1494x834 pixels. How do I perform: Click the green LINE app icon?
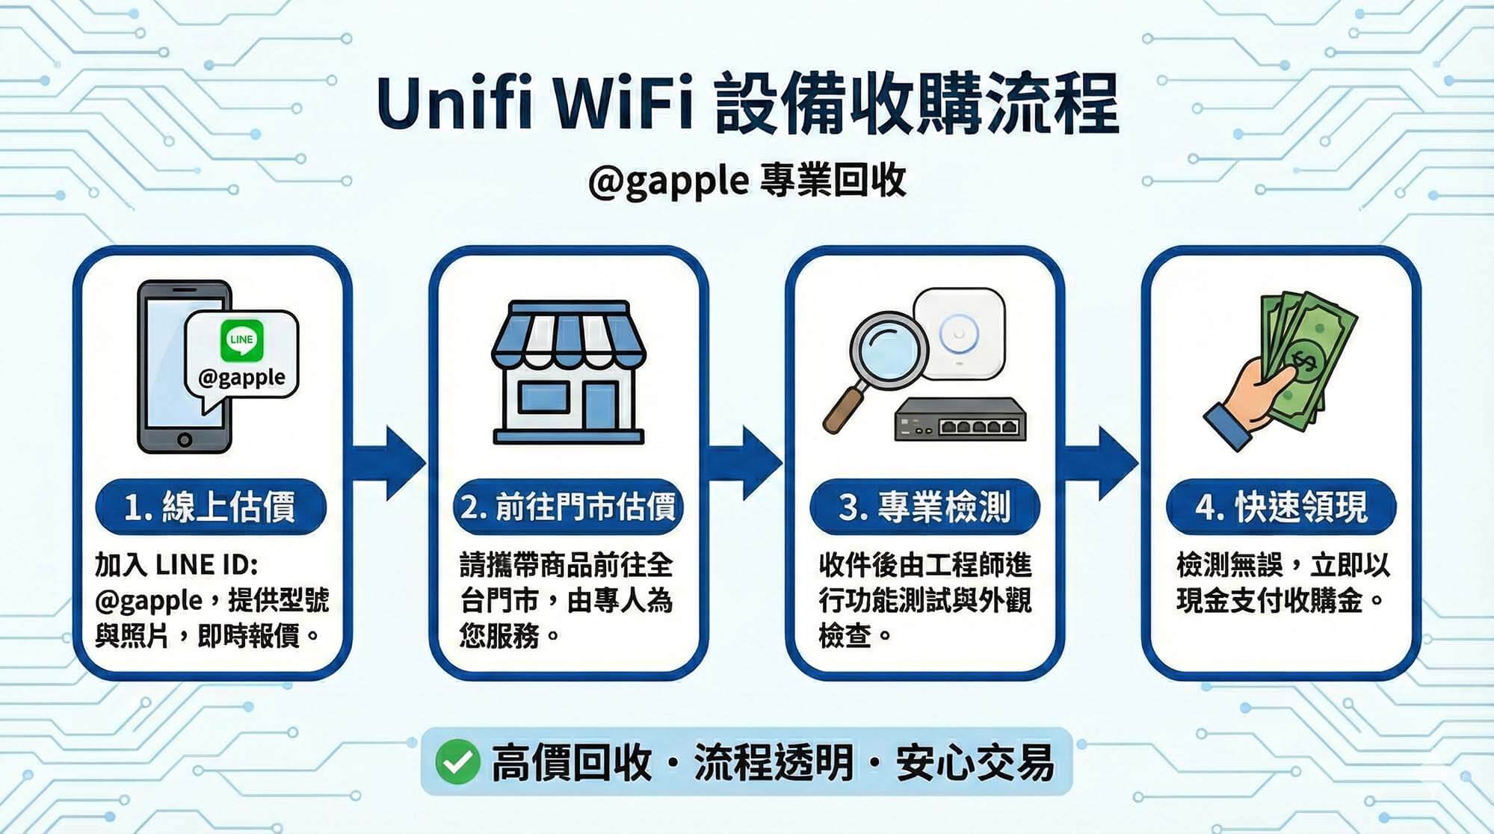coord(241,340)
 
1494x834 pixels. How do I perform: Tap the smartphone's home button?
coord(185,439)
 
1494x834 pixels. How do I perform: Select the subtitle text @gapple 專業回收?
coord(747,181)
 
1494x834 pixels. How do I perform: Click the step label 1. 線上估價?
coord(210,507)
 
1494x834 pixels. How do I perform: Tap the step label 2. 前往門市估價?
coord(567,507)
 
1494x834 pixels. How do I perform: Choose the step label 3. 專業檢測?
coord(925,507)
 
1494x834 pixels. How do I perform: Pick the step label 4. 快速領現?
coord(1281,507)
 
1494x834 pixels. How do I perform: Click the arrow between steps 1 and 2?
coord(389,463)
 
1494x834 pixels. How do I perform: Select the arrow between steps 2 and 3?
coord(746,463)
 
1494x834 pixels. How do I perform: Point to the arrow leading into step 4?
coord(1102,463)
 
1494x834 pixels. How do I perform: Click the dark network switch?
coord(960,419)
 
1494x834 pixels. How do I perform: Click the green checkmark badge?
coord(457,762)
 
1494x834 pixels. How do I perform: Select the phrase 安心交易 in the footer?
coord(975,763)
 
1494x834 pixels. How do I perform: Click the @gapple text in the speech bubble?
coord(241,377)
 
